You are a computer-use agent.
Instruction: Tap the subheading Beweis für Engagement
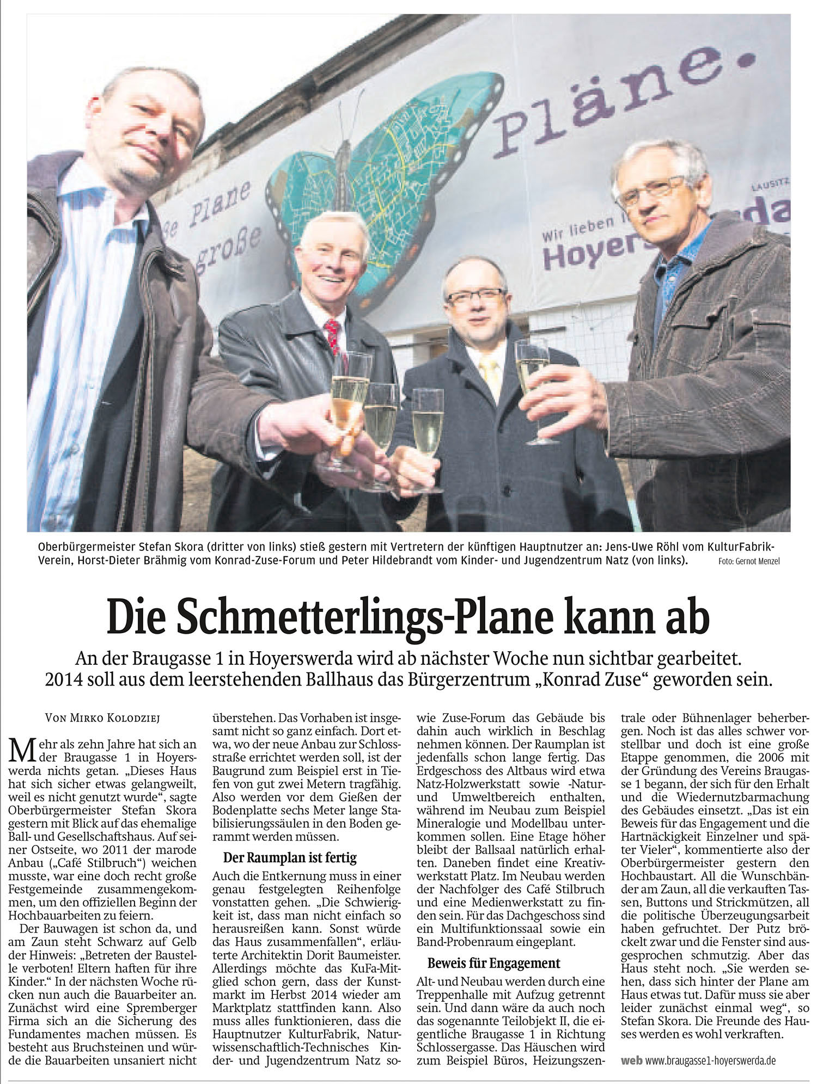pos(494,963)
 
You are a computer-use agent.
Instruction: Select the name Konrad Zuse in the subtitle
pos(594,681)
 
